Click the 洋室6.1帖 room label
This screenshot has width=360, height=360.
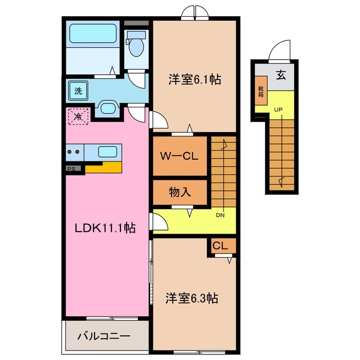[193, 79]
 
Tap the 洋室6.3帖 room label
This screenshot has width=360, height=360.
[191, 298]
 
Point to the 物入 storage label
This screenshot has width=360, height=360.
[180, 192]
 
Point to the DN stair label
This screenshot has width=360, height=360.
[220, 214]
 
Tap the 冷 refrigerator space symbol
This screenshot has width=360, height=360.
[77, 117]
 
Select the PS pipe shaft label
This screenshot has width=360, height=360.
[71, 168]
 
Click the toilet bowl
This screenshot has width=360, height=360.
[135, 46]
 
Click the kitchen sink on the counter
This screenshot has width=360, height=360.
[107, 151]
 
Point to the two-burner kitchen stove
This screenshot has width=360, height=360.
[74, 151]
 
